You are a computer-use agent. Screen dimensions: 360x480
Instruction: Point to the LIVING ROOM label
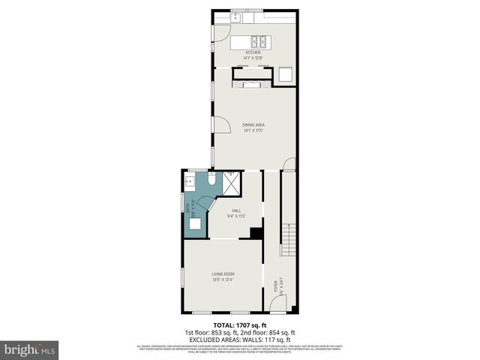[223, 278]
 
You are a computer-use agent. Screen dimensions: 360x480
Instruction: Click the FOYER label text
[275, 286]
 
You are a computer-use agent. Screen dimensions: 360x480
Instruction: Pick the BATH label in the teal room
[193, 208]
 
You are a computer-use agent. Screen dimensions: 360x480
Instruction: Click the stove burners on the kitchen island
[259, 42]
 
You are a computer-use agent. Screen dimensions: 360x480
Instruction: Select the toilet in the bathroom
[212, 180]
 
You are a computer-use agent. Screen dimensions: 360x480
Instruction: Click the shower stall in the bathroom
[232, 182]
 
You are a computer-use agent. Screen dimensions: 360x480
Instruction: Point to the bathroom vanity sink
[189, 181]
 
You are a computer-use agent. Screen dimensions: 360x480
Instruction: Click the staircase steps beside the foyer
[288, 240]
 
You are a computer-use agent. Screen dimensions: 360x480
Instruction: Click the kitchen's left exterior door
[219, 32]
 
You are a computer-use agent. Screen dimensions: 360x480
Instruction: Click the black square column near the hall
[256, 232]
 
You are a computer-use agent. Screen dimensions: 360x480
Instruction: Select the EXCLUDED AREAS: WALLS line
[240, 338]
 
